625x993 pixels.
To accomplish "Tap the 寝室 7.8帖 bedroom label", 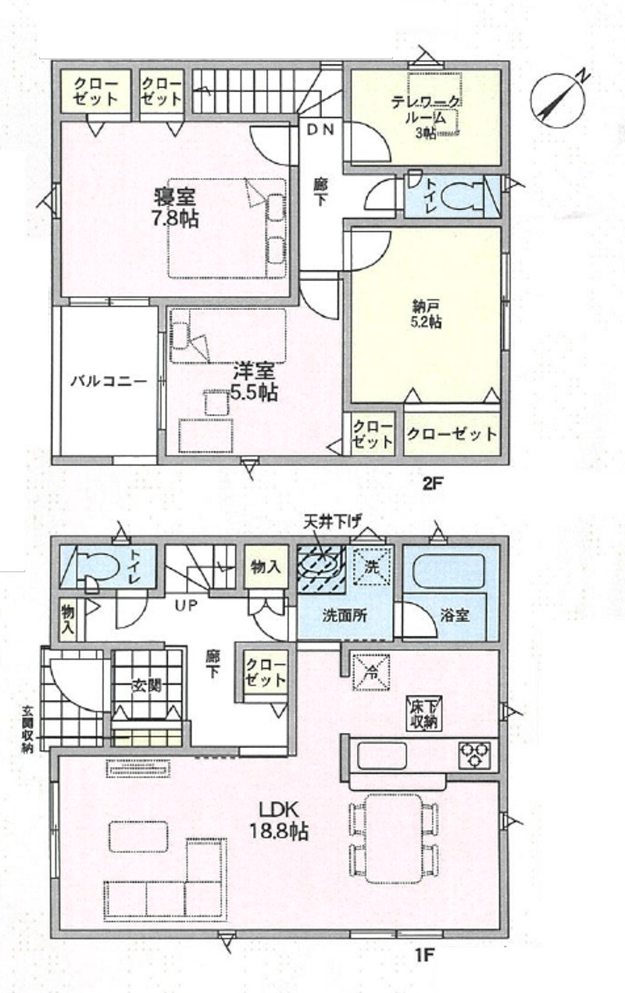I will (174, 207).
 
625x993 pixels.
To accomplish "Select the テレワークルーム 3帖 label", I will (425, 116).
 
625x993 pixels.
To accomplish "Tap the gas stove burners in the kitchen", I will (474, 754).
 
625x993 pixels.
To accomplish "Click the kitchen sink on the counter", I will (382, 755).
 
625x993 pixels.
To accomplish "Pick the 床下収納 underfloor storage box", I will (423, 714).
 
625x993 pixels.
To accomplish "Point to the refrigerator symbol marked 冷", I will (371, 671).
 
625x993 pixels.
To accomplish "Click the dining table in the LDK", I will (393, 838).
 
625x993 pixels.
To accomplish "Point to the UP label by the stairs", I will (185, 605).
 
